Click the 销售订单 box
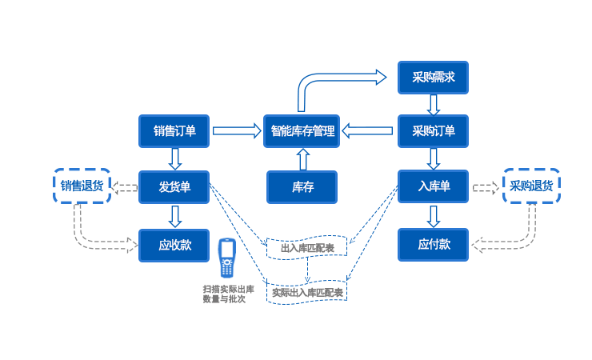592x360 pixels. pos(174,131)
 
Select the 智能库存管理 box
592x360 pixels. pos(302,131)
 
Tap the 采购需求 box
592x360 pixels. pos(433,78)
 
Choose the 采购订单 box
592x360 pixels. pos(433,131)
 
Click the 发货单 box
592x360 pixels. pos(174,187)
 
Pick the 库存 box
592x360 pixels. pos(302,187)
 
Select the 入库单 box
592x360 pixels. pos(433,186)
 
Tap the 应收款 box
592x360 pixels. pos(174,245)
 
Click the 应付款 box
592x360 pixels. pos(433,244)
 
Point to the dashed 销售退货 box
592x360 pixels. pos(82,186)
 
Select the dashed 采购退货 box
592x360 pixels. pos(531,186)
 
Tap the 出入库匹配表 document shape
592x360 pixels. pos(307,247)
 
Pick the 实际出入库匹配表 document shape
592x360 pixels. pos(307,292)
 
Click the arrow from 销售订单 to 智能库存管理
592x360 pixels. pos(236,131)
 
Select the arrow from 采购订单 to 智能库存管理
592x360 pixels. pos(369,131)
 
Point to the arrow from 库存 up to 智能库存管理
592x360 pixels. pos(302,160)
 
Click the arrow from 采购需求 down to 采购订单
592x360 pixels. pos(433,104)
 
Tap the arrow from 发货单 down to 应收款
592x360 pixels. pos(174,216)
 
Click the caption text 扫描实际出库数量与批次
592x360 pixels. pos(228,293)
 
